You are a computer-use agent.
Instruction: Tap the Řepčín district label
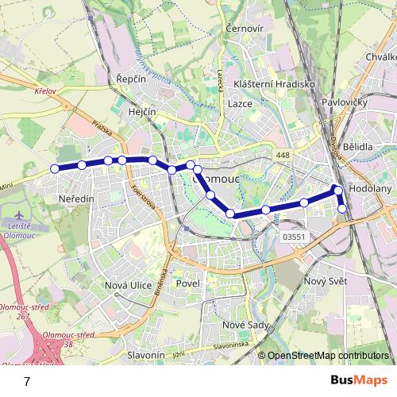coord(129,80)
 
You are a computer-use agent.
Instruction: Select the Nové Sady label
coord(244,324)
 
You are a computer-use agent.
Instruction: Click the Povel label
coord(189,283)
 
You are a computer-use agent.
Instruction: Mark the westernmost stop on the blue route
coord(55,168)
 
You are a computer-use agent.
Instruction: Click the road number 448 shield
coord(283,154)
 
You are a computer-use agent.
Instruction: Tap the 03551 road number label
coord(294,236)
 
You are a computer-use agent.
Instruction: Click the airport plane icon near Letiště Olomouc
coord(20,216)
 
